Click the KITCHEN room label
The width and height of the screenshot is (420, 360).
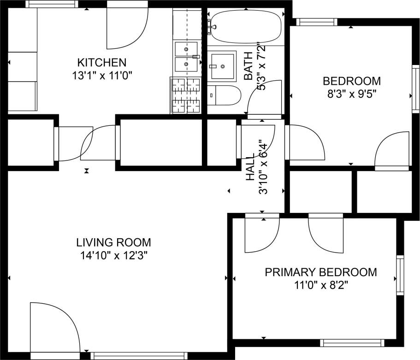point(101,62)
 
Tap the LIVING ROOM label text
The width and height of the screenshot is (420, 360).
point(113,242)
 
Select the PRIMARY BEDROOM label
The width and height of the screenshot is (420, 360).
point(320,272)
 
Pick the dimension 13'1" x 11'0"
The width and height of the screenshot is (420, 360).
point(101,75)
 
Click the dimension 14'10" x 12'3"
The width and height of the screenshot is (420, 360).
point(113,254)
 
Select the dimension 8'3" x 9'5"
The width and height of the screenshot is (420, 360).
point(352,94)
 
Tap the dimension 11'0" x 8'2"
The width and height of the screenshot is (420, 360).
point(320,285)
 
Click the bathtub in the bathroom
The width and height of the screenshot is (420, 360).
point(245,26)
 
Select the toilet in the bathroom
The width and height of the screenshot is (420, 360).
point(224,95)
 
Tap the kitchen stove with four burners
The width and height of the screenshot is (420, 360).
point(186,95)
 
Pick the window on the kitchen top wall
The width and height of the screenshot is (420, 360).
point(51,4)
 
